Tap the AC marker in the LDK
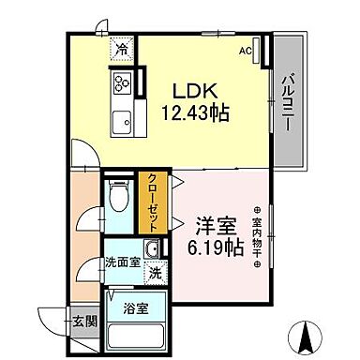point(245,51)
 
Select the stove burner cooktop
point(122,82)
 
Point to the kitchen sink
point(121,120)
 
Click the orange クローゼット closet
point(151,201)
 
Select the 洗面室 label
point(122,262)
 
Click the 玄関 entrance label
point(83,321)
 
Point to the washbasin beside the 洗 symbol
point(154,249)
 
